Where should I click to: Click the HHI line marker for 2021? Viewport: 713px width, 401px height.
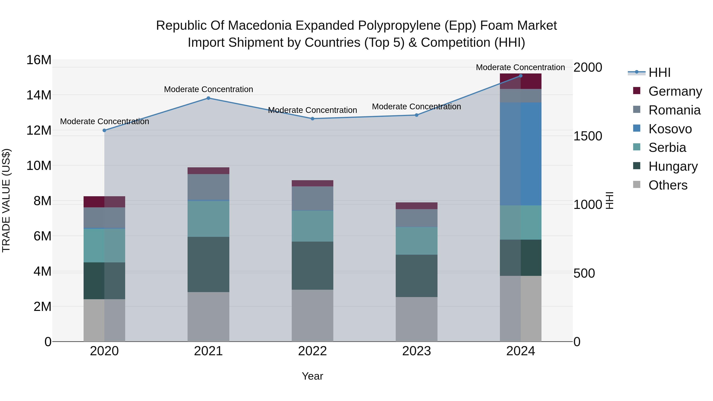tap(208, 98)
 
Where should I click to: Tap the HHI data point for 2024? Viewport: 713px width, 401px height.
tap(521, 76)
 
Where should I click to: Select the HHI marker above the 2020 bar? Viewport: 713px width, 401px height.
tap(104, 130)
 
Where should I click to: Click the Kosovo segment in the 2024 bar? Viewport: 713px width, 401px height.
tap(521, 154)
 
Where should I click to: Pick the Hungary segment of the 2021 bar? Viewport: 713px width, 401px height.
tap(208, 264)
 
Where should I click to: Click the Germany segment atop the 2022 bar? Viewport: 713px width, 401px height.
tap(313, 183)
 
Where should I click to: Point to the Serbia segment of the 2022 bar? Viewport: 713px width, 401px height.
tap(313, 226)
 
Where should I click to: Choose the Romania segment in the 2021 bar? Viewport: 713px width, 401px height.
tap(208, 187)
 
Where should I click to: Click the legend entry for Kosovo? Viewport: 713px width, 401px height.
tap(670, 129)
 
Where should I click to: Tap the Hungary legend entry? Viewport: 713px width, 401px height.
tap(673, 166)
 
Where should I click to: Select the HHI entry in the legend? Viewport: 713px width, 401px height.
tap(659, 72)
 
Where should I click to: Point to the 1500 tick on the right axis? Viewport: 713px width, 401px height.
tap(588, 136)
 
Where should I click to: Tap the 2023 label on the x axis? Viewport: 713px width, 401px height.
tap(417, 351)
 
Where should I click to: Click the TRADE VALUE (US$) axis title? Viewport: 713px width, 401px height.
tap(6, 200)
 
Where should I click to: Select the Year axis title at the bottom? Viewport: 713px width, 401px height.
tap(313, 376)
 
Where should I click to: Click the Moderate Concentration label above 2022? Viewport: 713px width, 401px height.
tap(313, 110)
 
